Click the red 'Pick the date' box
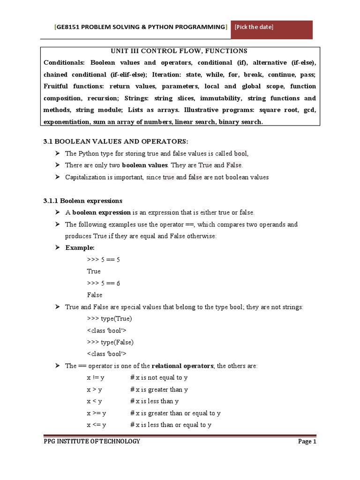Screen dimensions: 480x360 [272, 29]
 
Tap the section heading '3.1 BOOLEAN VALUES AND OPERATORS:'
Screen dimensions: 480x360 [115, 142]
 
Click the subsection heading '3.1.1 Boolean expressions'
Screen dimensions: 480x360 [82, 201]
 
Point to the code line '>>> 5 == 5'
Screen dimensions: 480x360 [104, 259]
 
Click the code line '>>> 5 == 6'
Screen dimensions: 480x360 [104, 283]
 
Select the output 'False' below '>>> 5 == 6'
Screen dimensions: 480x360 [94, 295]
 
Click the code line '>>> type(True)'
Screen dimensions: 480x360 [109, 319]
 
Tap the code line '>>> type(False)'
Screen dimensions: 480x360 [110, 342]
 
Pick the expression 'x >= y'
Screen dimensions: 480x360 [96, 413]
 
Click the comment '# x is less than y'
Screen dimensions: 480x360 [154, 401]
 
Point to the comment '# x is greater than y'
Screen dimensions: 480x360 [159, 390]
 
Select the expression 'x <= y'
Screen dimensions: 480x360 [96, 425]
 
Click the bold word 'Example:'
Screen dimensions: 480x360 [80, 247]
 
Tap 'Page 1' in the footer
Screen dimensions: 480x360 [307, 442]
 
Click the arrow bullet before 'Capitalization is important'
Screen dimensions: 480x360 [58, 177]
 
